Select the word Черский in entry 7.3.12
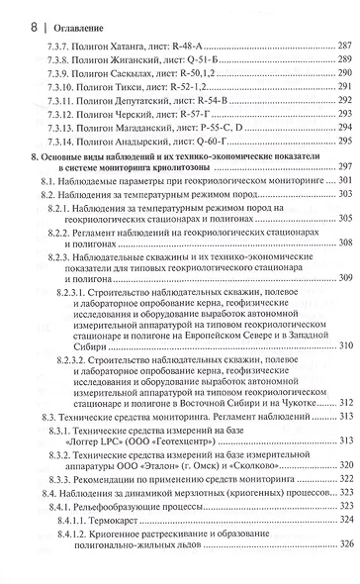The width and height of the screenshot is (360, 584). [x=137, y=129]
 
